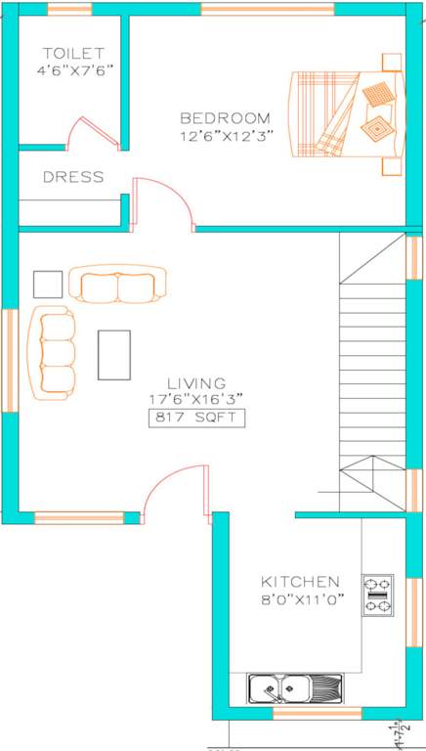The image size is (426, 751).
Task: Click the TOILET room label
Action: [73, 52]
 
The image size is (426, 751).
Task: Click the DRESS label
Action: [73, 178]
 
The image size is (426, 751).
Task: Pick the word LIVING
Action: [195, 383]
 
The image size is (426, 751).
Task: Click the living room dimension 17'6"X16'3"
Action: [195, 399]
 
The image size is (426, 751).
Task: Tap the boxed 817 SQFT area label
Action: [195, 419]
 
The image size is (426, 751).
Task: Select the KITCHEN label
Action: [300, 581]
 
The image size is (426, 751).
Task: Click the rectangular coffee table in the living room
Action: [114, 354]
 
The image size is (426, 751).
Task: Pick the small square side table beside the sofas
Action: [47, 284]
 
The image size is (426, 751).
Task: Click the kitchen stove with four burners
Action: [377, 595]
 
